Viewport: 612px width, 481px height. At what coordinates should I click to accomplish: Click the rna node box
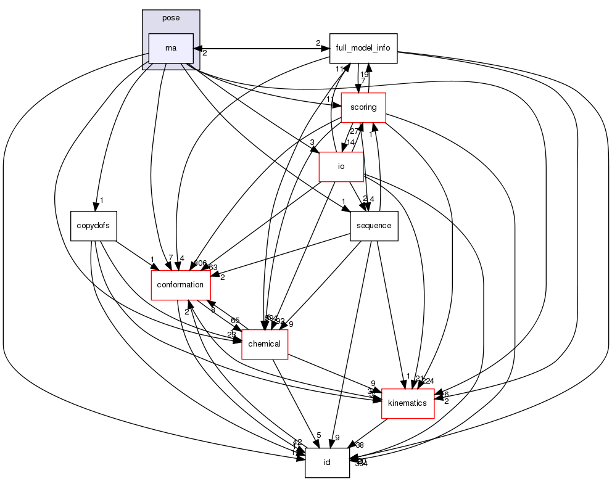(171, 48)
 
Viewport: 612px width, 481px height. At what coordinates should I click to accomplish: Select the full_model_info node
(363, 49)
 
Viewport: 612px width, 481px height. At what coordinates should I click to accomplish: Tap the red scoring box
(363, 107)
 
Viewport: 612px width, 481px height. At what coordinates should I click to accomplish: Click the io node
(341, 166)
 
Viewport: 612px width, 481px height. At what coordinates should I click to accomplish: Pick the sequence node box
(374, 226)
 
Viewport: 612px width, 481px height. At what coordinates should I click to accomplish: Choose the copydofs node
(93, 225)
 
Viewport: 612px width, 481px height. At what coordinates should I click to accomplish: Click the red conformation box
(181, 285)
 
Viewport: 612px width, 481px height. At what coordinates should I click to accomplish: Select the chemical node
(265, 343)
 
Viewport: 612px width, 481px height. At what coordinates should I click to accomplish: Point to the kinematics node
(408, 403)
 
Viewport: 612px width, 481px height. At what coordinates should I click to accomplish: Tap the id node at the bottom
(328, 462)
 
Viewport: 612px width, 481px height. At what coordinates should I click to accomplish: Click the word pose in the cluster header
(171, 18)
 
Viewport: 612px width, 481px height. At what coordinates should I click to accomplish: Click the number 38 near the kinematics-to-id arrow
(360, 445)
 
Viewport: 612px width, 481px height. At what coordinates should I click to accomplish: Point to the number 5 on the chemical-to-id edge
(318, 435)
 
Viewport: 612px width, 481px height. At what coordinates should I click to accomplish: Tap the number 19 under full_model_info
(365, 74)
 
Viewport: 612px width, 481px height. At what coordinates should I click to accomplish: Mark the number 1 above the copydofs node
(101, 201)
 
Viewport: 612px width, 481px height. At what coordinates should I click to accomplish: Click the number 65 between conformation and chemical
(235, 321)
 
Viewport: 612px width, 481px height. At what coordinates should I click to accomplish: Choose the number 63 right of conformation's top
(213, 268)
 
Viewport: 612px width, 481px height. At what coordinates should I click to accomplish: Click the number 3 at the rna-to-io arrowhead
(313, 142)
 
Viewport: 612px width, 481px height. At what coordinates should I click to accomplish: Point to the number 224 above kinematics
(428, 380)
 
